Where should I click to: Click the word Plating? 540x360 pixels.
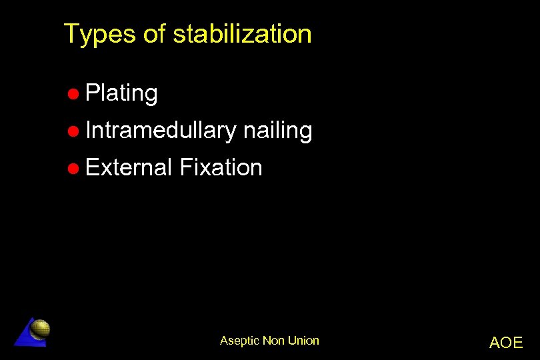(121, 93)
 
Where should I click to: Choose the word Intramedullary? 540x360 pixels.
(161, 130)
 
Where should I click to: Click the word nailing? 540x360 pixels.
(277, 130)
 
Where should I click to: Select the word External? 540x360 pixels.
(129, 167)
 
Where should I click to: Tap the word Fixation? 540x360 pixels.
(221, 167)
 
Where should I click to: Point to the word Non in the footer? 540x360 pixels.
(273, 341)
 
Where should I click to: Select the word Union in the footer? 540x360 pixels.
(303, 341)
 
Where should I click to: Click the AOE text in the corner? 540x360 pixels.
(506, 343)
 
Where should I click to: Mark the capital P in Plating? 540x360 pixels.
(92, 93)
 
